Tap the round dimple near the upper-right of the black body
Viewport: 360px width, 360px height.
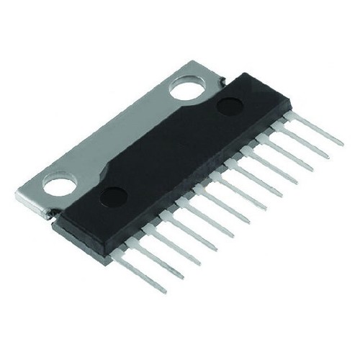[x=228, y=106]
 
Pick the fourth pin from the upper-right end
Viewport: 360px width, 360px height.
[x=278, y=173]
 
